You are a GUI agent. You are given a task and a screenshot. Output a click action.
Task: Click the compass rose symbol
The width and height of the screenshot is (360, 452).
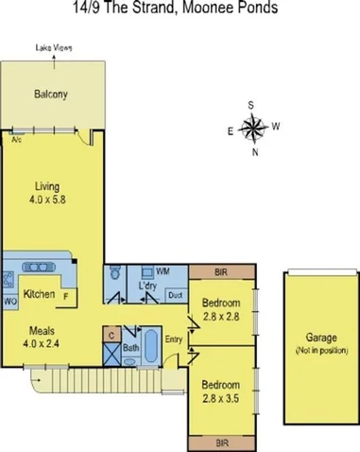coord(253,128)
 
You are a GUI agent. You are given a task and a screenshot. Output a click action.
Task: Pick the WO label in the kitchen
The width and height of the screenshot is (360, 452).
coord(10,301)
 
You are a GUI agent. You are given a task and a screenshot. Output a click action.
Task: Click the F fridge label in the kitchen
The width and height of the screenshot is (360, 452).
coord(66,296)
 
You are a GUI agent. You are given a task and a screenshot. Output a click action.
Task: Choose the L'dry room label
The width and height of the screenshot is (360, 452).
coord(147,285)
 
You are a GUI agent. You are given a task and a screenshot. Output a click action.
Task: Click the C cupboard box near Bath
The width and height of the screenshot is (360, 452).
coord(112,334)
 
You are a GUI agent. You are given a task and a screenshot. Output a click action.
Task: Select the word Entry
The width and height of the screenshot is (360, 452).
coord(175,339)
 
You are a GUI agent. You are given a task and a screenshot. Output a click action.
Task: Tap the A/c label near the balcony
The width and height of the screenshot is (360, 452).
coord(16,138)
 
